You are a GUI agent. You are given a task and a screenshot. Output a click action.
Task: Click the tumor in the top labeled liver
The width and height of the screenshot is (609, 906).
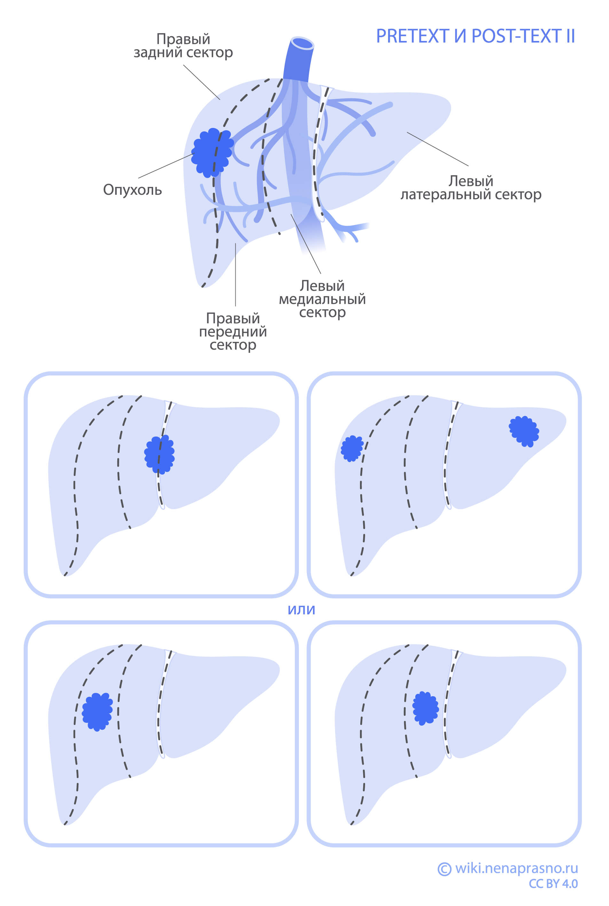[x=212, y=153]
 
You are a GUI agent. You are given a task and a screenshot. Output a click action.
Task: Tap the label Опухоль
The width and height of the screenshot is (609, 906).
[x=132, y=190]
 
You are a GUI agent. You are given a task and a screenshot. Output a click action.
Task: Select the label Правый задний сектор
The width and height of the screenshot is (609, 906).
[x=183, y=46]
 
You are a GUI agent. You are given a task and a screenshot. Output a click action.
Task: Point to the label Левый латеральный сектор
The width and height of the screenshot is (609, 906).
[x=471, y=188]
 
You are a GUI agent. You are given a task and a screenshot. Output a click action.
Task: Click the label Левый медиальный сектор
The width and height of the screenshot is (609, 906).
[x=322, y=299]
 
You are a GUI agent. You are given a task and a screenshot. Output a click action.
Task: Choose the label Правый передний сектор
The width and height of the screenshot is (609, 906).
[x=233, y=331]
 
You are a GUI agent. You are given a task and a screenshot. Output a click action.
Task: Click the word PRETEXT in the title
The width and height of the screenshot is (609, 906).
[x=412, y=36]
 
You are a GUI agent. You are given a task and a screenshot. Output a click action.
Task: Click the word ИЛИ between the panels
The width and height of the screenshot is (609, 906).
[x=301, y=610]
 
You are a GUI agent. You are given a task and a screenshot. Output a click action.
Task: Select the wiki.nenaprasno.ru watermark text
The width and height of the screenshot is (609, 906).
[x=516, y=868]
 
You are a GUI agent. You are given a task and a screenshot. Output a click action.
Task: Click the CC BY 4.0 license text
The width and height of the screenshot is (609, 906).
[x=553, y=884]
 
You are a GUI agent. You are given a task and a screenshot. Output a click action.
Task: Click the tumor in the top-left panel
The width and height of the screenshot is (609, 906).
[x=159, y=454]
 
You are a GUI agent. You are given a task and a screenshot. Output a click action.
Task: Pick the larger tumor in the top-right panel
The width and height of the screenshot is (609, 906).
[x=524, y=431]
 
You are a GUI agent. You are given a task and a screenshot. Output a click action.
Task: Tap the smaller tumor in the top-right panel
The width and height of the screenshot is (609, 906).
[x=352, y=448]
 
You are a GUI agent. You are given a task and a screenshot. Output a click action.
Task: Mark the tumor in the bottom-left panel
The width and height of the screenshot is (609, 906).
[x=97, y=712]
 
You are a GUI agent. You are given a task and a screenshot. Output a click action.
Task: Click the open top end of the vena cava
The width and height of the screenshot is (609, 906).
[x=302, y=43]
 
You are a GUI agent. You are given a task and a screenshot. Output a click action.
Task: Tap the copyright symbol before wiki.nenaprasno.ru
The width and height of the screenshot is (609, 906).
[x=444, y=869]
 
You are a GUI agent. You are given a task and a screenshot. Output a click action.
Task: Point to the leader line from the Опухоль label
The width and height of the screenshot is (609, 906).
[x=165, y=166]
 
